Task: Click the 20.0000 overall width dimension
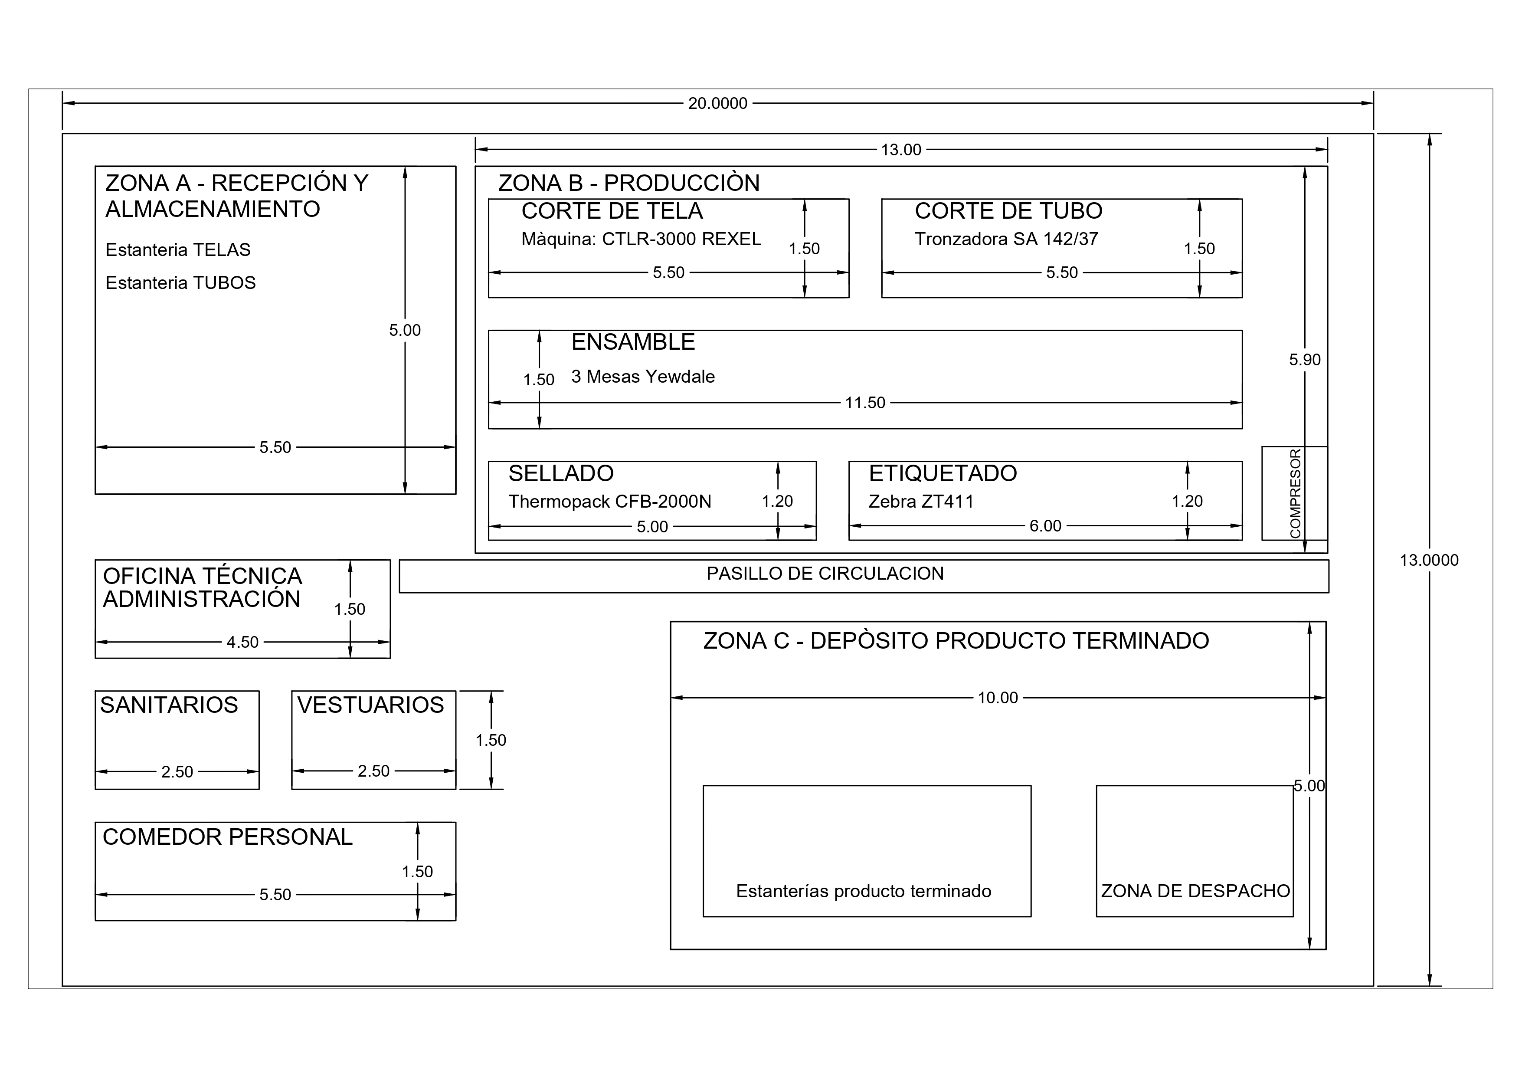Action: pos(717,103)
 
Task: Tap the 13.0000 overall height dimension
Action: pos(1429,560)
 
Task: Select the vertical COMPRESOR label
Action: pos(1295,493)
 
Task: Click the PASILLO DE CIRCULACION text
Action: pos(825,574)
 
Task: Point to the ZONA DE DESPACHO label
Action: pos(1195,891)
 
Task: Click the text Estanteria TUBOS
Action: pos(180,283)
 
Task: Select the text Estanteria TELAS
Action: pos(178,250)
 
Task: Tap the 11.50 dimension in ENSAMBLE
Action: pos(864,403)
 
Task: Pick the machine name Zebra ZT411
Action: pos(921,502)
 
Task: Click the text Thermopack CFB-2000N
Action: pos(609,502)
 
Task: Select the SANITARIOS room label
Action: pos(169,705)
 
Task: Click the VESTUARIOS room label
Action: pos(370,705)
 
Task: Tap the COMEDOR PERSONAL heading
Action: pos(227,837)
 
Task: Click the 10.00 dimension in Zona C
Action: pos(998,697)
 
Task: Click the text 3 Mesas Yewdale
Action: pos(643,377)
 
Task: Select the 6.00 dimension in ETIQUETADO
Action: pos(1045,526)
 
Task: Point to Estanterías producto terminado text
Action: pos(863,891)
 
